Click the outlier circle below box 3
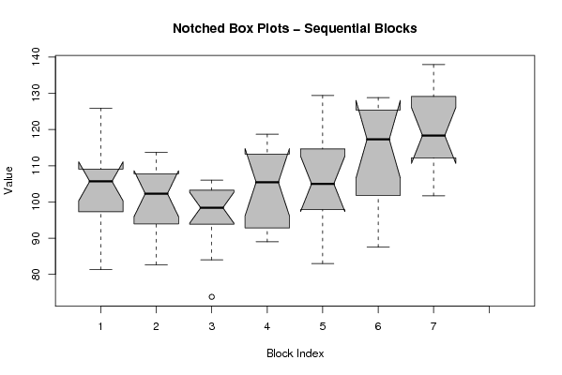[212, 296]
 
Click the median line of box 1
[100, 181]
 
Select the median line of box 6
[378, 139]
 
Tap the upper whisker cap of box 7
[433, 65]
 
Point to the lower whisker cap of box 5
[323, 263]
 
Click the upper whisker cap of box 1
[100, 108]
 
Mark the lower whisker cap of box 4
[267, 241]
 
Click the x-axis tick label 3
[212, 326]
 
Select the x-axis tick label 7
[433, 326]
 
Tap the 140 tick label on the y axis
[37, 56]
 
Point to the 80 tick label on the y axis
[37, 275]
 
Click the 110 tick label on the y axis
[37, 166]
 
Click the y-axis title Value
[8, 181]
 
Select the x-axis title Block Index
[296, 353]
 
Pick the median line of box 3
[212, 207]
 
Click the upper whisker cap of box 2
[157, 152]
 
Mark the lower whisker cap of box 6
[378, 247]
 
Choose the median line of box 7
[433, 135]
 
